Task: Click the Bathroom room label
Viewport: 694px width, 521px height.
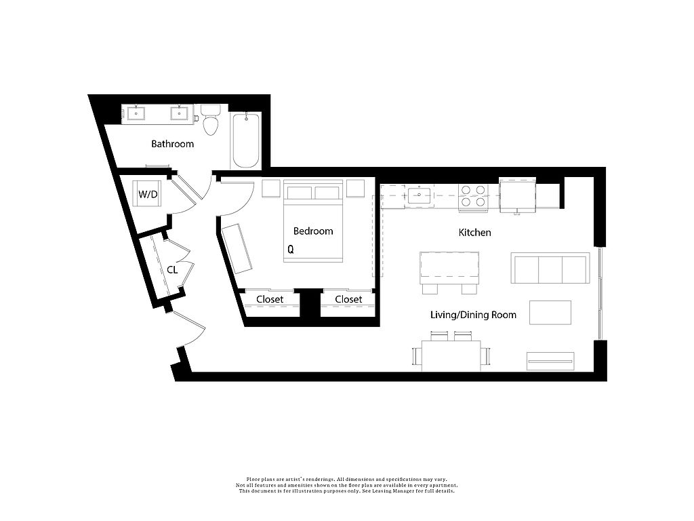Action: [172, 144]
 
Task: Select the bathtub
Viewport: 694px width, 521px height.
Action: [246, 140]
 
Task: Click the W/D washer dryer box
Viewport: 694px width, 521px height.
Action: [147, 193]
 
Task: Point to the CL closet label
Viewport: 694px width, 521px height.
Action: [172, 270]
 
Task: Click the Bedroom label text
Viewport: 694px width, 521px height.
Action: [313, 231]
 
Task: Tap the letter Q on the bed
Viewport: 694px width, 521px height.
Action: [291, 250]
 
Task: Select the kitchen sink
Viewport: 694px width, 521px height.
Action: [419, 195]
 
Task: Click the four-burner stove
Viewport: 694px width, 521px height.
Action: [473, 197]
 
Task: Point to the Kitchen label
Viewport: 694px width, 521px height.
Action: [474, 233]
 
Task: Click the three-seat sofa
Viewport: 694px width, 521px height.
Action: [550, 268]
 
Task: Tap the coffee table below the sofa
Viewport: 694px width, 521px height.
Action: [550, 312]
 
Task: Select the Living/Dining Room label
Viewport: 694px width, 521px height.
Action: [473, 315]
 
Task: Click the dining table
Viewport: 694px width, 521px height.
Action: [451, 355]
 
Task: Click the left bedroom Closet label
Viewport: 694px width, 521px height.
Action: [270, 299]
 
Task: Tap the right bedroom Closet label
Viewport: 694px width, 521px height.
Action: [348, 299]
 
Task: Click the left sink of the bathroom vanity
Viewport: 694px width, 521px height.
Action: [136, 113]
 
